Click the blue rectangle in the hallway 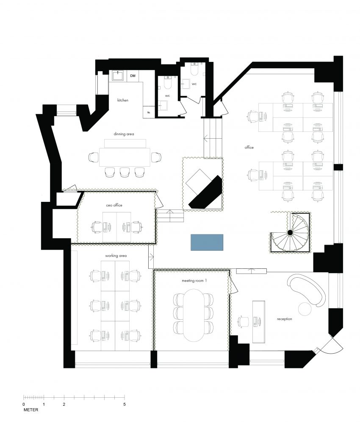pyautogui.click(x=207, y=242)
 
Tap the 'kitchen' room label pyautogui.click(x=123, y=100)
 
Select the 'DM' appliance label pyautogui.click(x=133, y=76)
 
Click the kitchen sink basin pyautogui.click(x=118, y=75)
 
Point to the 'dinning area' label pyautogui.click(x=124, y=134)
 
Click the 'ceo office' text pyautogui.click(x=114, y=205)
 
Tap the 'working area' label pyautogui.click(x=116, y=256)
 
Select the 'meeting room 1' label pyautogui.click(x=194, y=281)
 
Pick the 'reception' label pyautogui.click(x=284, y=319)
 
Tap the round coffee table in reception pyautogui.click(x=305, y=309)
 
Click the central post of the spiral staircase pyautogui.click(x=290, y=232)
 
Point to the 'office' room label pyautogui.click(x=249, y=148)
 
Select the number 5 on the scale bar pyautogui.click(x=125, y=404)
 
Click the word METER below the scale pyautogui.click(x=31, y=410)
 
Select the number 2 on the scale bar pyautogui.click(x=64, y=404)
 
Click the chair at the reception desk pyautogui.click(x=243, y=322)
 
